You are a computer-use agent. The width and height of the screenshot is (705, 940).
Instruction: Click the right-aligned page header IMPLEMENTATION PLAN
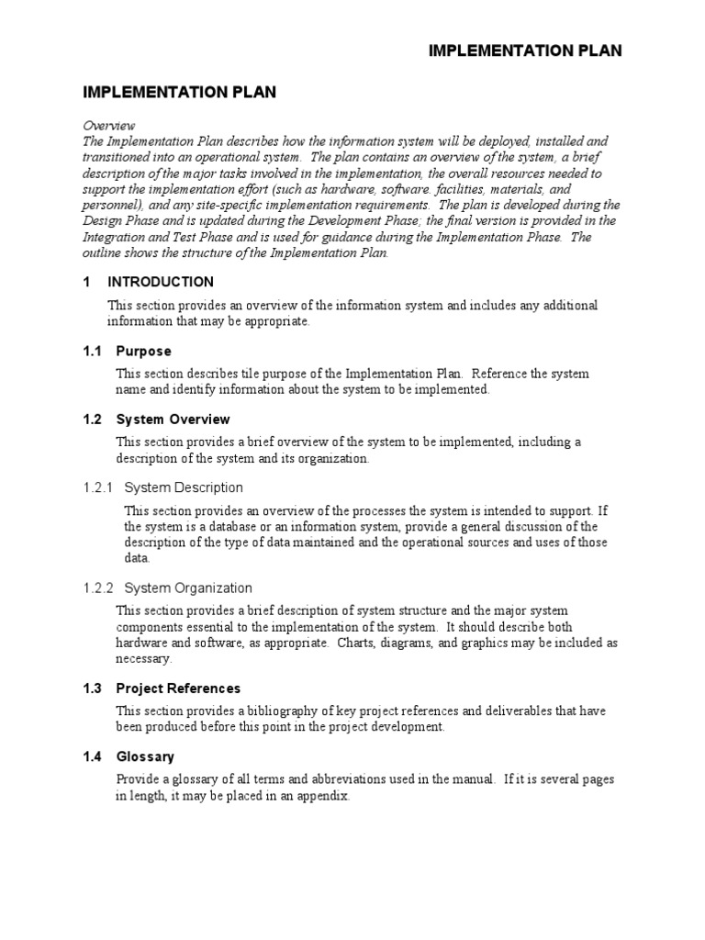(525, 50)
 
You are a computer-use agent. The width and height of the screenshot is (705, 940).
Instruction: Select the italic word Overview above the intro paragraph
(109, 125)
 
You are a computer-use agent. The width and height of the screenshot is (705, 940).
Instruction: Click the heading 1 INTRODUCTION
(149, 282)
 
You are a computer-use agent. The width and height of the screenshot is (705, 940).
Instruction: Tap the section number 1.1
(93, 351)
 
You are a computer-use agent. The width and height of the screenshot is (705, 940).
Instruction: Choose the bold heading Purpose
(143, 351)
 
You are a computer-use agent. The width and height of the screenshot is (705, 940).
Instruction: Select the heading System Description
(184, 487)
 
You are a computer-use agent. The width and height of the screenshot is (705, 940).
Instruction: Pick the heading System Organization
(188, 587)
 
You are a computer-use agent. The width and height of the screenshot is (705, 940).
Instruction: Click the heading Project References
(178, 688)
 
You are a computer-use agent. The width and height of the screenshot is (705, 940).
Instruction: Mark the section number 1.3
(93, 688)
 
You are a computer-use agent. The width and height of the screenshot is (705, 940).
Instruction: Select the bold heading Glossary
(145, 756)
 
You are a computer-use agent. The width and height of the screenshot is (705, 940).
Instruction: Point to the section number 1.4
(93, 756)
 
